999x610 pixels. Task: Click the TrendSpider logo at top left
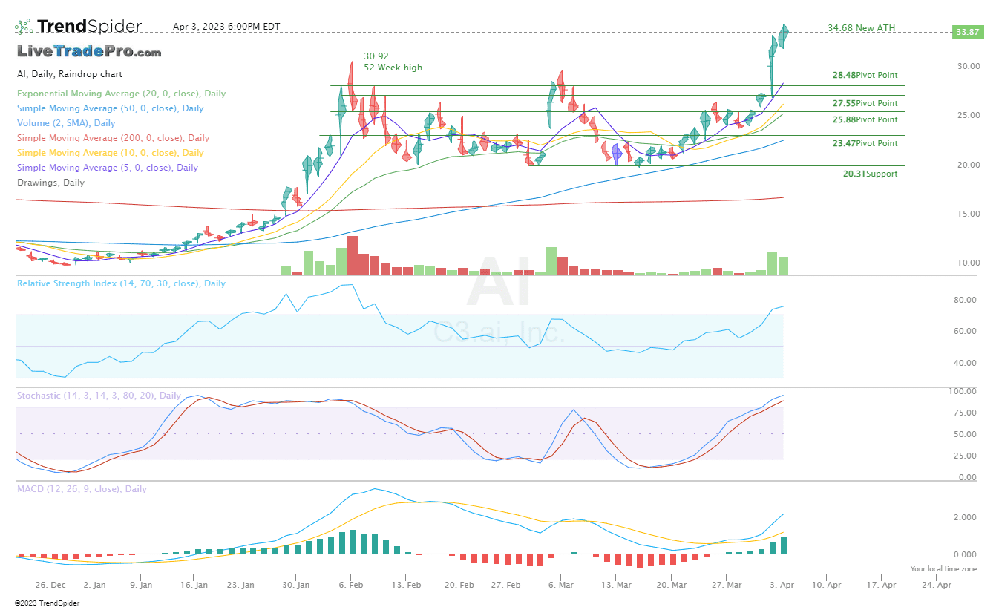[78, 27]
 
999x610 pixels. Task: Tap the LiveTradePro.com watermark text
[89, 52]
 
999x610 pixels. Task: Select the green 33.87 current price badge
[967, 32]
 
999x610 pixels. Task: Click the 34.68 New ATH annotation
[861, 28]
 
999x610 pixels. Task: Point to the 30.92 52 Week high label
[392, 62]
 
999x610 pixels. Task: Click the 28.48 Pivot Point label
[865, 75]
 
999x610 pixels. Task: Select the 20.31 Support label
[870, 174]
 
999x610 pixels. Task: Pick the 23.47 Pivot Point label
[865, 143]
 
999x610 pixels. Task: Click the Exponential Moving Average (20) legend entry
[121, 94]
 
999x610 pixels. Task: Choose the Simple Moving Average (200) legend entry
[113, 138]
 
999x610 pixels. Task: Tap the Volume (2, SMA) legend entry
[66, 123]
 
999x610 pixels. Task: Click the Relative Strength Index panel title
[121, 283]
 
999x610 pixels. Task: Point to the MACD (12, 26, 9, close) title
[82, 489]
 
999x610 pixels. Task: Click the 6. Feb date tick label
[350, 585]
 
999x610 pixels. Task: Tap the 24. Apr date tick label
[937, 585]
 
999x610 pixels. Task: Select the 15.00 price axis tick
[969, 214]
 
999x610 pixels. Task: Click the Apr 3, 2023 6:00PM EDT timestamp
[226, 27]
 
